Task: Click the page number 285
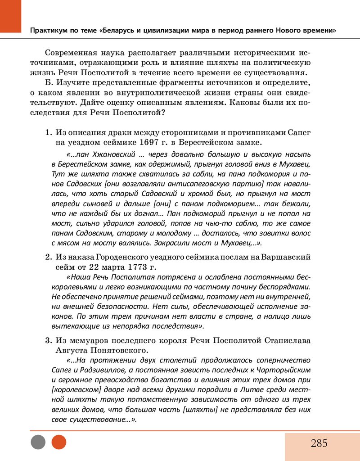point(319,443)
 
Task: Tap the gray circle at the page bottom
point(38,442)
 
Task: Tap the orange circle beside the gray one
point(59,442)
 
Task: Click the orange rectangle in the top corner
point(10,16)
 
